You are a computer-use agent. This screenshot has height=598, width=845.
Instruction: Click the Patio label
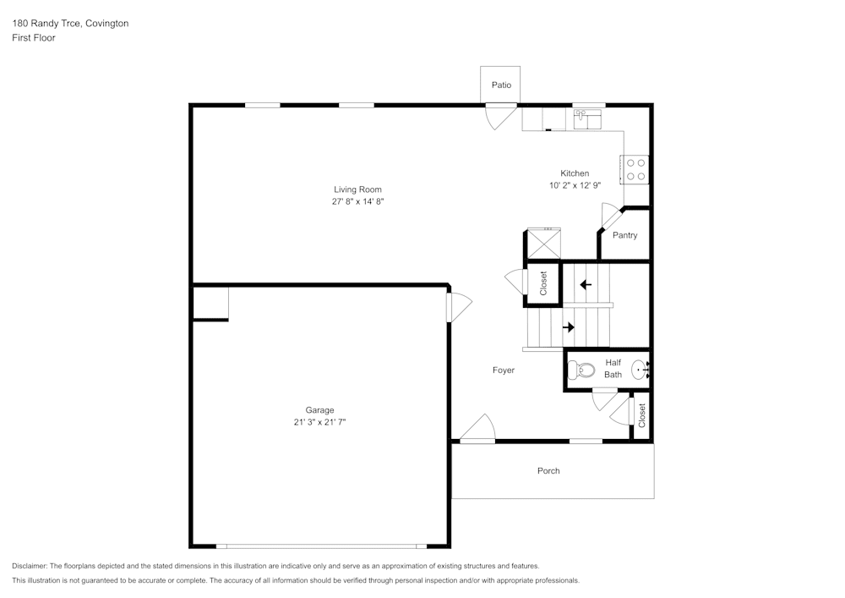pyautogui.click(x=502, y=85)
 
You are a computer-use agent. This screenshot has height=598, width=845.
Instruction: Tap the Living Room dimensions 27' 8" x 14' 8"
pyautogui.click(x=357, y=202)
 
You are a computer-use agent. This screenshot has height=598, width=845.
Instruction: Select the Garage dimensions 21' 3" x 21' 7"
pyautogui.click(x=319, y=422)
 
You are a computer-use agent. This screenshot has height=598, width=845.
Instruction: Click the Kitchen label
pyautogui.click(x=575, y=173)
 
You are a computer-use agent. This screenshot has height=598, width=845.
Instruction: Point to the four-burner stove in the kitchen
pyautogui.click(x=635, y=169)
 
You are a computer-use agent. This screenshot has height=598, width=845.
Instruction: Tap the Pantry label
pyautogui.click(x=624, y=235)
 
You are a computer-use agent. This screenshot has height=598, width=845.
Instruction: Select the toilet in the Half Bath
pyautogui.click(x=582, y=370)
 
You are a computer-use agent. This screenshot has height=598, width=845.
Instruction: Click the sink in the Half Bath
pyautogui.click(x=641, y=369)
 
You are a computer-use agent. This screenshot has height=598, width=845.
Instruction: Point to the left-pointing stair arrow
pyautogui.click(x=586, y=284)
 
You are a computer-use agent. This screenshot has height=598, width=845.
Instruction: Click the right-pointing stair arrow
pyautogui.click(x=569, y=327)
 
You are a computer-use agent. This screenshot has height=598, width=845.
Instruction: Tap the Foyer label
pyautogui.click(x=504, y=370)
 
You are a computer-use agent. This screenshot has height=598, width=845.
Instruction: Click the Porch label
pyautogui.click(x=548, y=471)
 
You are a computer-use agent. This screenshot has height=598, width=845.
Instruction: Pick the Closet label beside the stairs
pyautogui.click(x=543, y=282)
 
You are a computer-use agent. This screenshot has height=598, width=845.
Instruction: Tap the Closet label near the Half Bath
pyautogui.click(x=641, y=414)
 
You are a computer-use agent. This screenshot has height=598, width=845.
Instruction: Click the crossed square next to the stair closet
pyautogui.click(x=543, y=244)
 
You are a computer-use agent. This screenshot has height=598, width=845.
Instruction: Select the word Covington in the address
pyautogui.click(x=107, y=24)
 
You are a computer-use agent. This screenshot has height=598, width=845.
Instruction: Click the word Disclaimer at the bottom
pyautogui.click(x=30, y=566)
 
